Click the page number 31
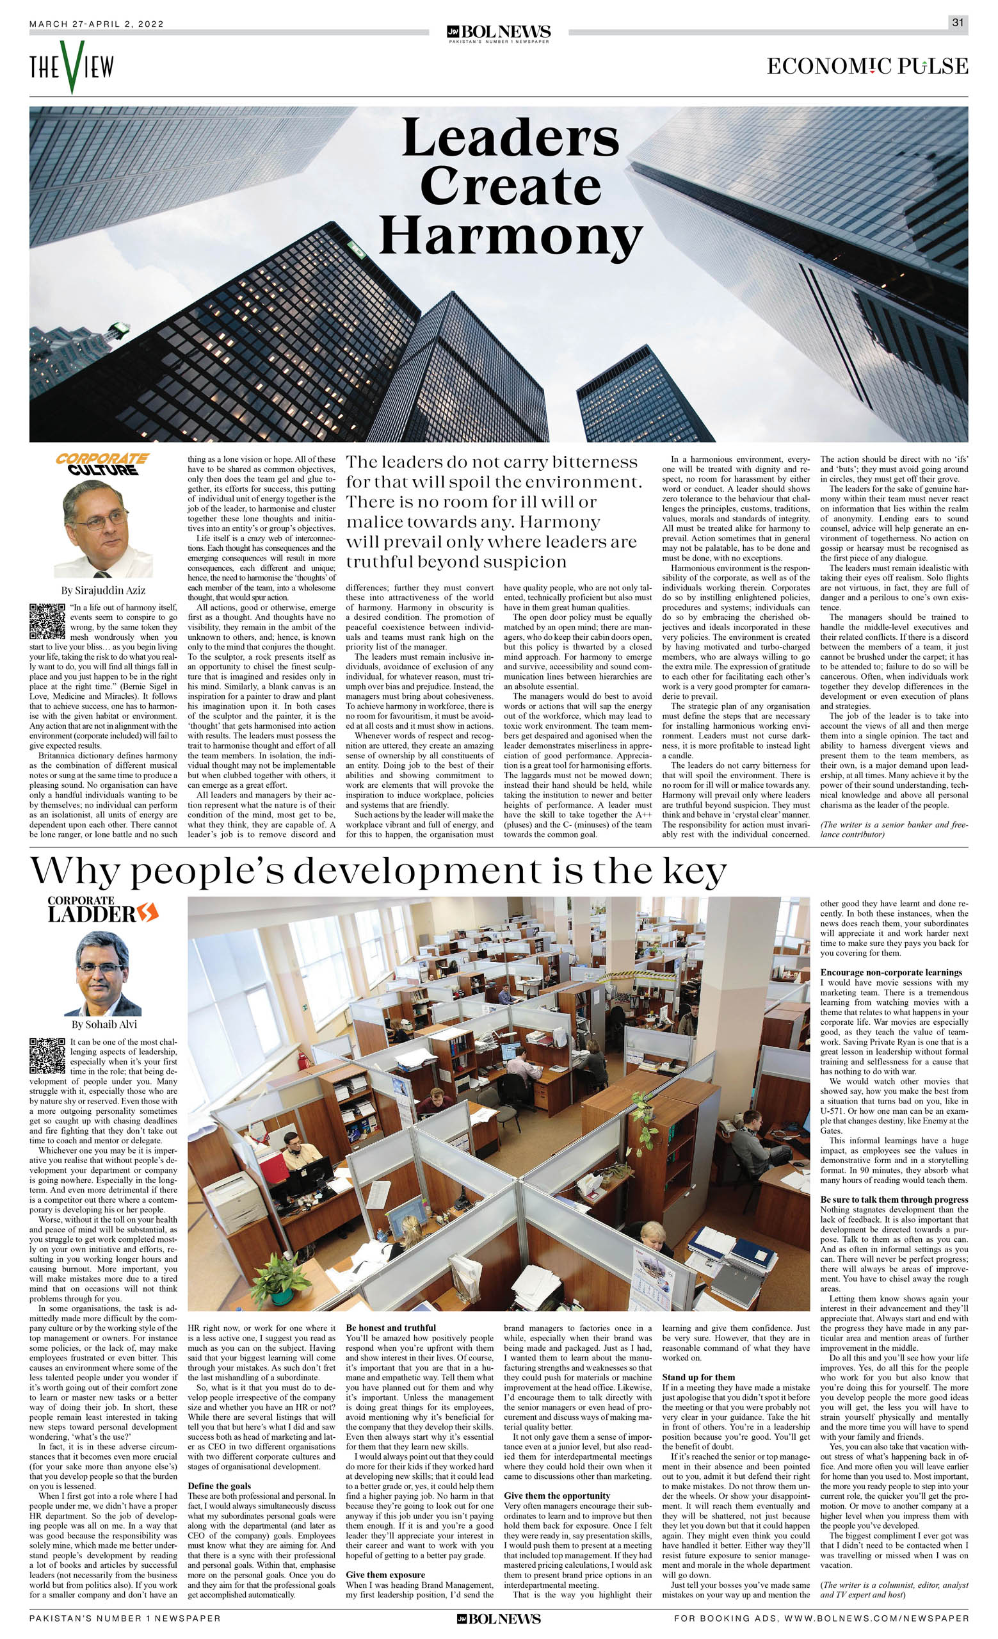(x=958, y=22)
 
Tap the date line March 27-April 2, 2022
(x=97, y=24)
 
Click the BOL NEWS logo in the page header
(x=499, y=33)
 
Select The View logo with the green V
(x=71, y=67)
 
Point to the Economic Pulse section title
(x=867, y=67)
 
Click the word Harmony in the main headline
(x=510, y=238)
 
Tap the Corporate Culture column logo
(x=102, y=464)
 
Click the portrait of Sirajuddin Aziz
(x=103, y=529)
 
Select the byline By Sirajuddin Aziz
(x=103, y=590)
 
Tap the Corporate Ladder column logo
(x=102, y=911)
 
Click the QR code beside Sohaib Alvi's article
(x=47, y=1056)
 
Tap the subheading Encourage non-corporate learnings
(x=891, y=972)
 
